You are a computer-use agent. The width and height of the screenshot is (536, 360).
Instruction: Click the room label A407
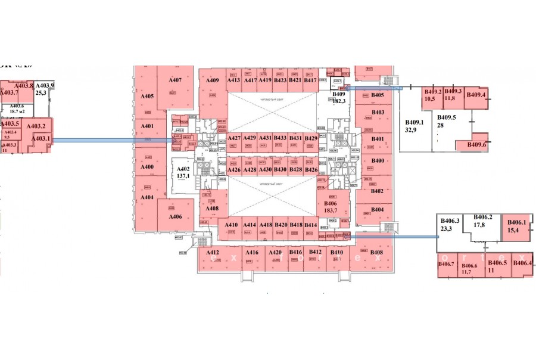pyautogui.click(x=174, y=80)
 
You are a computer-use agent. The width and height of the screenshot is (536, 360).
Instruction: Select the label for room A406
pyautogui.click(x=174, y=216)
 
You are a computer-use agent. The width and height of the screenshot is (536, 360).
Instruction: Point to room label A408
pyautogui.click(x=212, y=209)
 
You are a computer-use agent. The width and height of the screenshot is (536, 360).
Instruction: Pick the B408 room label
pyautogui.click(x=376, y=252)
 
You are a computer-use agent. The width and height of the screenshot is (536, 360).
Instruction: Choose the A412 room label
pyautogui.click(x=213, y=253)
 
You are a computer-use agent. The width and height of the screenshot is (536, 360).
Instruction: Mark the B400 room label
pyautogui.click(x=378, y=161)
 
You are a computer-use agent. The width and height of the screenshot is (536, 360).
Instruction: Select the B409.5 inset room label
pyautogui.click(x=446, y=117)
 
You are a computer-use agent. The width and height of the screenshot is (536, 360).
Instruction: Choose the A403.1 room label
pyautogui.click(x=40, y=139)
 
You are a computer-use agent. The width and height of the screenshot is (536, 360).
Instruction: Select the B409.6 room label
pyautogui.click(x=476, y=145)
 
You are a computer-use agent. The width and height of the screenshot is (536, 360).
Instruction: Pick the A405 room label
pyautogui.click(x=147, y=96)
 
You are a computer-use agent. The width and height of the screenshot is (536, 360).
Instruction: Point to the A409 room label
pyautogui.click(x=213, y=80)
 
